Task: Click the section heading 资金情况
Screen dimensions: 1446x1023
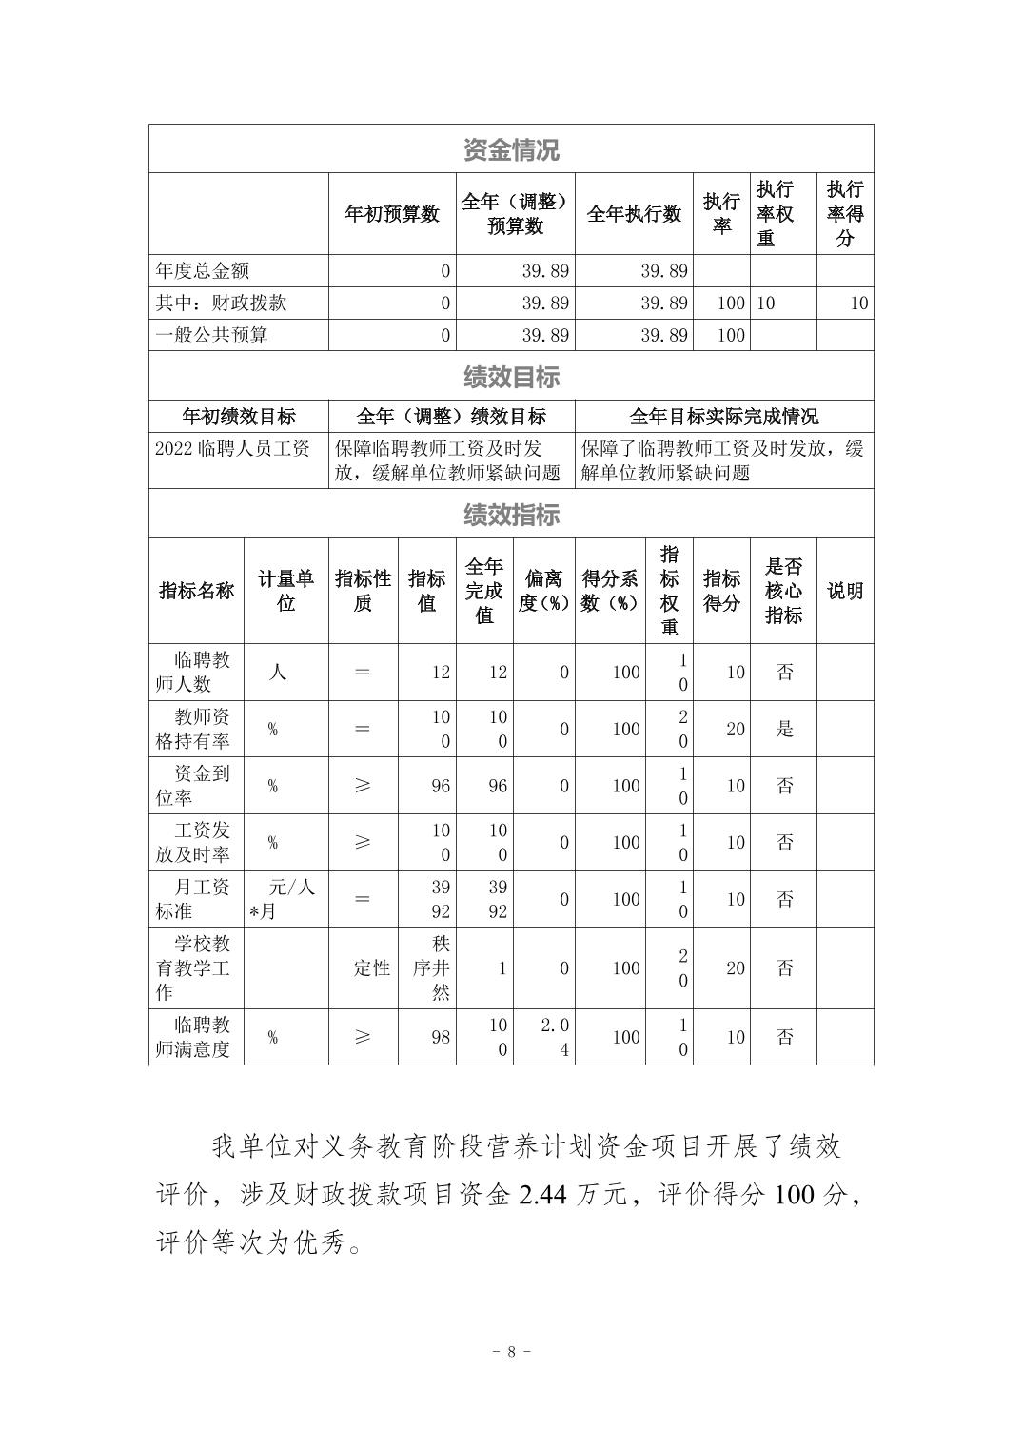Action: pyautogui.click(x=511, y=149)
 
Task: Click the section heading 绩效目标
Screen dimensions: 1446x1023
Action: pyautogui.click(x=511, y=377)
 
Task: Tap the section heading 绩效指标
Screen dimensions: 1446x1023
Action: pyautogui.click(x=511, y=515)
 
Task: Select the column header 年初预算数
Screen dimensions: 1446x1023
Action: pyautogui.click(x=392, y=214)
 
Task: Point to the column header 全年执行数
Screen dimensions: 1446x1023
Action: pyautogui.click(x=634, y=214)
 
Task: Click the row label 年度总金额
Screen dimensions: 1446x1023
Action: pyautogui.click(x=203, y=271)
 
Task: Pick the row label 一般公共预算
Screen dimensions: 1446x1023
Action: pyautogui.click(x=212, y=335)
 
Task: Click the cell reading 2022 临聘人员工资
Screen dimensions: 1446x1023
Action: pyautogui.click(x=233, y=449)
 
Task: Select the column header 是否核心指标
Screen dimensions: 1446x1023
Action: pyautogui.click(x=783, y=591)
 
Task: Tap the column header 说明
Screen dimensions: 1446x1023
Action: pyautogui.click(x=845, y=591)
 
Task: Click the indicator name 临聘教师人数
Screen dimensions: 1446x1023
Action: pyautogui.click(x=196, y=672)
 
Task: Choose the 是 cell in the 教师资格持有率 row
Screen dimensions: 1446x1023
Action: pyautogui.click(x=784, y=729)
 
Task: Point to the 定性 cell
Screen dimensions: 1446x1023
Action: pyautogui.click(x=371, y=968)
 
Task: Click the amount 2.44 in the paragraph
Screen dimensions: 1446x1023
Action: pyautogui.click(x=542, y=1195)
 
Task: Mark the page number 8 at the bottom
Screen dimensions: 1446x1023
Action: pyautogui.click(x=511, y=1351)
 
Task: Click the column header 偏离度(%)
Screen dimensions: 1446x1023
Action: pyautogui.click(x=543, y=591)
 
